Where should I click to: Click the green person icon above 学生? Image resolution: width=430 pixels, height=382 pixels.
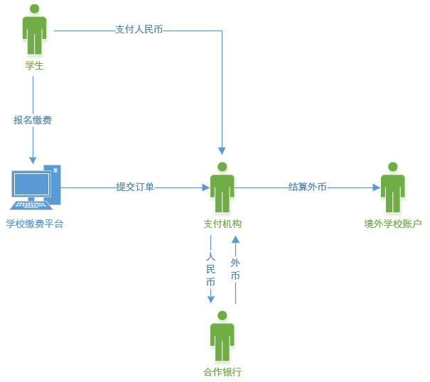pos(34,29)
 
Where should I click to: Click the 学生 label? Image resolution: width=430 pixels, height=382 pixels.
pos(35,65)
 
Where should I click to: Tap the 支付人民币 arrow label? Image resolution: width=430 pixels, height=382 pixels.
pos(139,29)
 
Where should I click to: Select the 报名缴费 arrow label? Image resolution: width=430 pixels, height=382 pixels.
pos(33,120)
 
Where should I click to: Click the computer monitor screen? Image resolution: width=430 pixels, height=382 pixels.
pos(31,184)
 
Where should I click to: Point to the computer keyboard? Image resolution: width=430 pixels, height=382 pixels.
pos(31,205)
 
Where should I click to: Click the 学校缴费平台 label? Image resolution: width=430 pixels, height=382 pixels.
pos(35,224)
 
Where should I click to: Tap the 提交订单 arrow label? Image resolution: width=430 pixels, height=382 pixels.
pos(135,187)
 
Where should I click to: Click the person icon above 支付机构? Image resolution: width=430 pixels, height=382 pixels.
pos(222,187)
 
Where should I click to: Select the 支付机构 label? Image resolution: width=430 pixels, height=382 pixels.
pos(222,224)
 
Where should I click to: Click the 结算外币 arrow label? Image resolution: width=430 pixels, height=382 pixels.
pos(308,187)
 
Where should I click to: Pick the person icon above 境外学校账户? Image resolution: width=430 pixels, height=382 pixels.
pos(393,187)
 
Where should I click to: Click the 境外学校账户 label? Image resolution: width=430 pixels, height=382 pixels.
pos(393,224)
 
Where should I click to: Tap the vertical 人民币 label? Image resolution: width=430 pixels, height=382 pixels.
pos(210,269)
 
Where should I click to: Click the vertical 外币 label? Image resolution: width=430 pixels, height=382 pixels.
pos(235,269)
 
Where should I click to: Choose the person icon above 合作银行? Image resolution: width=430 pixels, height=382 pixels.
pos(222,337)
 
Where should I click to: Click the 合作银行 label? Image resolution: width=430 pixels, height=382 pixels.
pos(222,372)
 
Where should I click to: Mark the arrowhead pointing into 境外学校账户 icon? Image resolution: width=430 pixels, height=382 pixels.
pos(377,187)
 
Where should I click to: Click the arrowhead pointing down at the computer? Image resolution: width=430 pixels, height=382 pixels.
pos(33,160)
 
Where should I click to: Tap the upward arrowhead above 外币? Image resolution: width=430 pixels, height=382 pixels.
pos(235,240)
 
